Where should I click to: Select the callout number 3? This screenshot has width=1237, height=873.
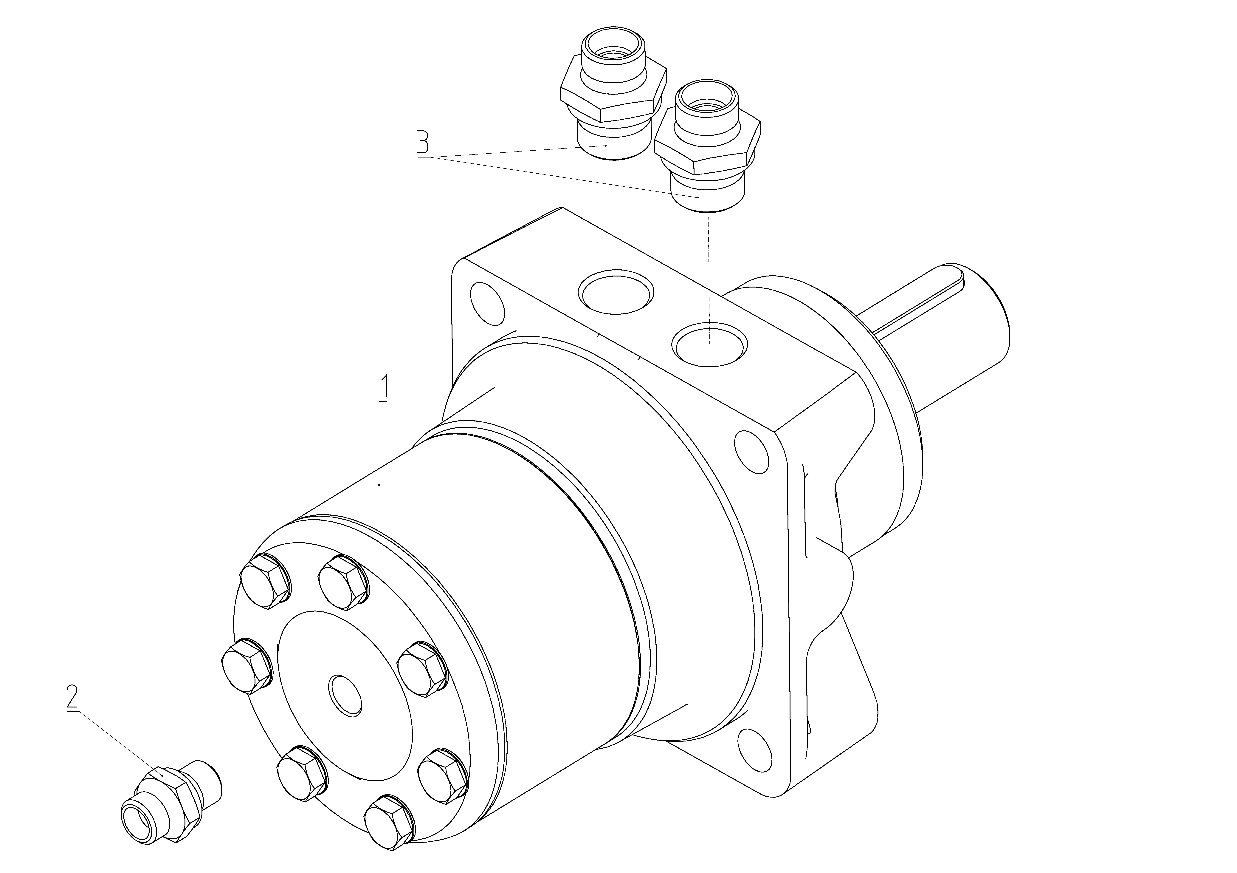424,141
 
